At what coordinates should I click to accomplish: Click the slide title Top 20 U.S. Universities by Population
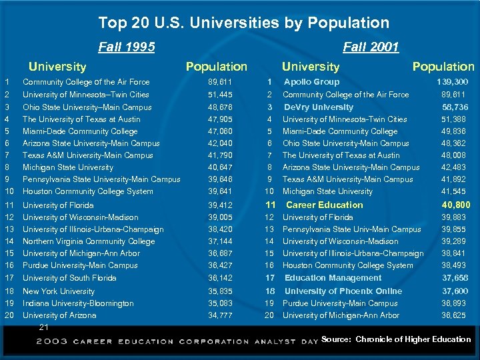(243, 23)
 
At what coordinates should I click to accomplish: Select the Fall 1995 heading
(126, 47)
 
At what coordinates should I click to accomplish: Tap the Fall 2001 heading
(371, 47)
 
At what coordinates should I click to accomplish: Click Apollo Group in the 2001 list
(311, 82)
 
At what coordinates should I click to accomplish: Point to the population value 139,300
(452, 82)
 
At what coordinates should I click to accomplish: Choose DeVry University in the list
(318, 107)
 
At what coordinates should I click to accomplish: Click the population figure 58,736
(455, 107)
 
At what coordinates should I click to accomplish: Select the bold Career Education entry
(324, 205)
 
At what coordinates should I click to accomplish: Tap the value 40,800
(455, 205)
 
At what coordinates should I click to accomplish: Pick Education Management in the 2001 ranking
(333, 278)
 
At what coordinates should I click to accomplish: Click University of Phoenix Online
(343, 291)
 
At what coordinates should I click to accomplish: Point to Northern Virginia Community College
(89, 241)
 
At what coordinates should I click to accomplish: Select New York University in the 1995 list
(59, 291)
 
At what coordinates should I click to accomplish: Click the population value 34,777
(221, 315)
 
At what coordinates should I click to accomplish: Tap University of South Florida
(69, 278)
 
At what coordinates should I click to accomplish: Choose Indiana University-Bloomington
(78, 303)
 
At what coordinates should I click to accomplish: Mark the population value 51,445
(221, 95)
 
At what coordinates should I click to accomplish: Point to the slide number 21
(44, 327)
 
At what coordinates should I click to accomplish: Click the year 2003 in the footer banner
(51, 341)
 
